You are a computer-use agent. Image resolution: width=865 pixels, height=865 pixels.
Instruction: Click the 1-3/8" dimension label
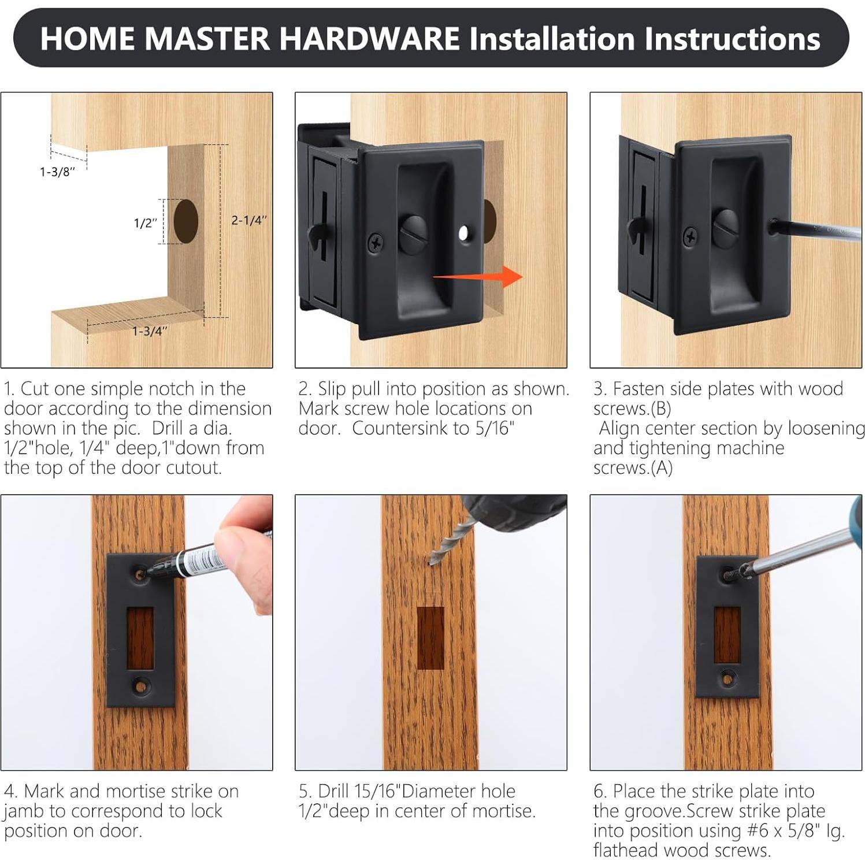pos(57,172)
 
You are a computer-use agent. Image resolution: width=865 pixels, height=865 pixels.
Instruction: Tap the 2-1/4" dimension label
pos(249,220)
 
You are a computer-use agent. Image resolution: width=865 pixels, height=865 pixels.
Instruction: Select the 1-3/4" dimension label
pos(150,331)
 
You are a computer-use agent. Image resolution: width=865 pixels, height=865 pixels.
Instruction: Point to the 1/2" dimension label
pos(146,223)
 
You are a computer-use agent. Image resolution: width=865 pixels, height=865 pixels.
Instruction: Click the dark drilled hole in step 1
pos(185,221)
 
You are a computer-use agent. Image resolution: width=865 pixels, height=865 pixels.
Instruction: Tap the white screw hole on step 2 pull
pos(463,233)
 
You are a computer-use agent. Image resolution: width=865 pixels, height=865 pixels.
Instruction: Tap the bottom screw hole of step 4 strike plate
pos(140,686)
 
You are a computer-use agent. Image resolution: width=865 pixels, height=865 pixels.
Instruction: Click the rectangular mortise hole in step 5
pos(430,638)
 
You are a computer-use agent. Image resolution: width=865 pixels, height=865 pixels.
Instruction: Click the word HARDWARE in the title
pos(370,39)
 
